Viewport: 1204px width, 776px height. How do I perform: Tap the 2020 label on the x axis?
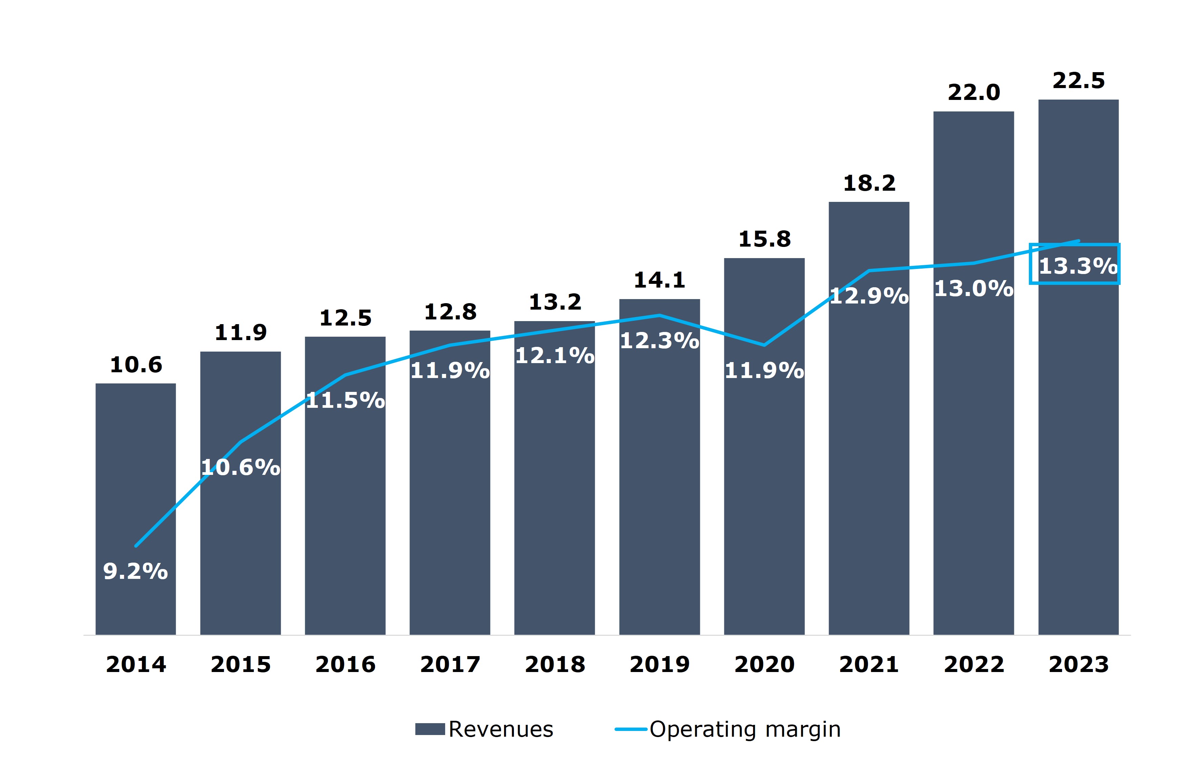[x=764, y=664]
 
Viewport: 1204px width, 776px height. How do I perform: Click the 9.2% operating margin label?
[x=135, y=571]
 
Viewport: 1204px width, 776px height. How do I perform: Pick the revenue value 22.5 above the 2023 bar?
[x=1079, y=81]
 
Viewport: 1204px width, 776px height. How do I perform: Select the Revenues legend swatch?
[x=429, y=729]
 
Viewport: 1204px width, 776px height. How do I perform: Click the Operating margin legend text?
[x=745, y=729]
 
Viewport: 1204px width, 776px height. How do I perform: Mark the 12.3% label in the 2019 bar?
[x=659, y=341]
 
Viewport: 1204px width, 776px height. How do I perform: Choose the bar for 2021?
[x=869, y=454]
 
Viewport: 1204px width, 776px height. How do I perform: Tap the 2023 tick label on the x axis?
[x=1079, y=664]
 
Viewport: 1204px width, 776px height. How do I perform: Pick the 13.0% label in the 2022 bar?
[x=973, y=289]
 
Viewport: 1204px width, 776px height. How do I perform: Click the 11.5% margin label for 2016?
[x=345, y=401]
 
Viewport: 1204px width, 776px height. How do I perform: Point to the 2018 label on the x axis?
[x=555, y=664]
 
